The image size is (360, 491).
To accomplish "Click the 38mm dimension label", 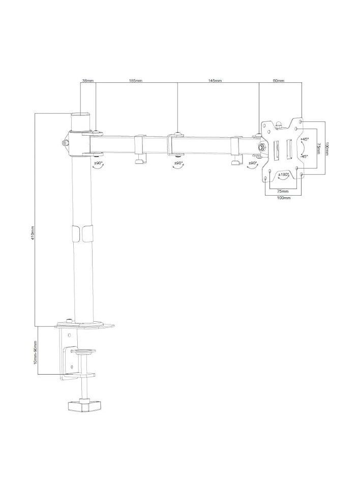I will (87, 81).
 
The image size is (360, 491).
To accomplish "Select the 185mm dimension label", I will (135, 81).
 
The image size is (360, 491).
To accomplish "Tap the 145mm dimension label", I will (215, 81).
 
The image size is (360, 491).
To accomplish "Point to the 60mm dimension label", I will (279, 81).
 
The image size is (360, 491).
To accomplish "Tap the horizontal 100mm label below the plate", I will (284, 198).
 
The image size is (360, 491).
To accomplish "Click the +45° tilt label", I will (305, 139).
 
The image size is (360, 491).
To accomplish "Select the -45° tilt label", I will (304, 157).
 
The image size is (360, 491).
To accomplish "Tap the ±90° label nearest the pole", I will (98, 163).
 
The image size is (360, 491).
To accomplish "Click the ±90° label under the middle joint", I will (178, 163).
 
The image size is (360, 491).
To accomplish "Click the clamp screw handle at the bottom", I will (85, 407).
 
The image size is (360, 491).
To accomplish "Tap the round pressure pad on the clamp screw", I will (85, 350).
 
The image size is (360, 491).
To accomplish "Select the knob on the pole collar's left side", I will (64, 143).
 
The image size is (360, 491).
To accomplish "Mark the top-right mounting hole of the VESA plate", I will (302, 122).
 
